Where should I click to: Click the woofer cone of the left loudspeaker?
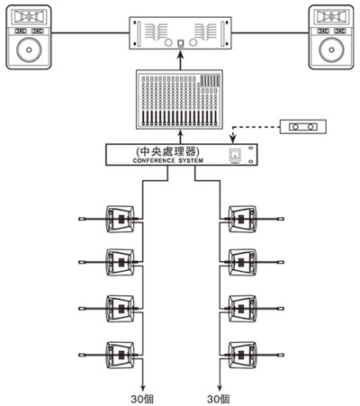coord(29,50)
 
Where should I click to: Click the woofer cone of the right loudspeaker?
coord(331,50)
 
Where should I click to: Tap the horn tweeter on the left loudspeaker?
coord(29,16)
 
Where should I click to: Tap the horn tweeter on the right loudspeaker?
coord(331,16)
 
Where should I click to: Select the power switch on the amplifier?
coord(181,44)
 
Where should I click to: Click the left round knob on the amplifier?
coord(168,42)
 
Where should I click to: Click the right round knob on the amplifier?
coord(193,42)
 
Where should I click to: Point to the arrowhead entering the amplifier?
coord(181,53)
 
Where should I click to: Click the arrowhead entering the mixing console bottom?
coord(181,133)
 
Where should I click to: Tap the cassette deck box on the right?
coord(303,127)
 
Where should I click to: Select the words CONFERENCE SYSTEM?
coord(168,160)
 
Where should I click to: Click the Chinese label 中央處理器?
coord(168,151)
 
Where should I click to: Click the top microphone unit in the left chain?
coord(121,219)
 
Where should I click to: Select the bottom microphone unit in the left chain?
coord(121,355)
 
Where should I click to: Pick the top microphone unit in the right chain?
coord(242,219)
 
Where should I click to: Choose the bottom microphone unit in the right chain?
coord(242,355)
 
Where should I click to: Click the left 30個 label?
coord(142,399)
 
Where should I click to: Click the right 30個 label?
coord(219,399)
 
